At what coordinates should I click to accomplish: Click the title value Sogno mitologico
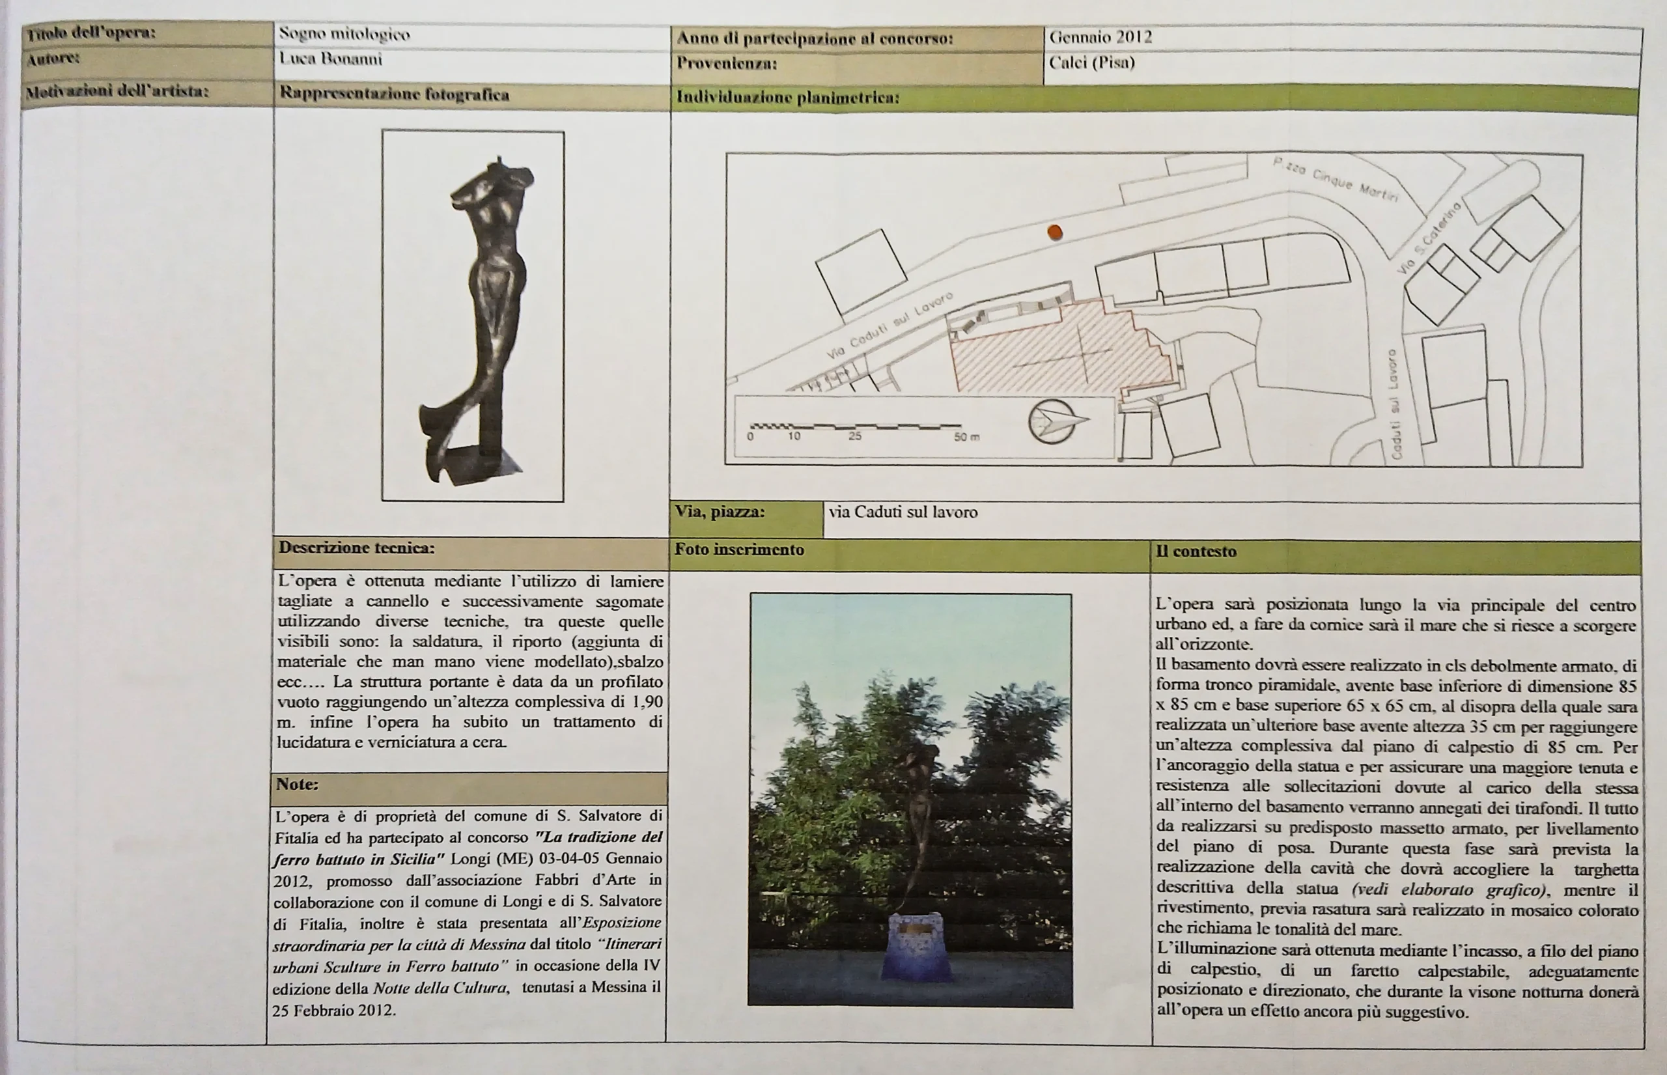pyautogui.click(x=344, y=33)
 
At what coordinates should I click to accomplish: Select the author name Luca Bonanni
pyautogui.click(x=330, y=59)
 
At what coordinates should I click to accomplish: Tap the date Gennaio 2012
pyautogui.click(x=1100, y=37)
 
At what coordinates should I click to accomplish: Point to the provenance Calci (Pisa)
pyautogui.click(x=1092, y=63)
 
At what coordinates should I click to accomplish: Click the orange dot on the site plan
pyautogui.click(x=1055, y=232)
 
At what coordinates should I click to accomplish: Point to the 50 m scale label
pyautogui.click(x=967, y=437)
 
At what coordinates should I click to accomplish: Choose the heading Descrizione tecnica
pyautogui.click(x=356, y=548)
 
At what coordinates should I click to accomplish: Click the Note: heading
pyautogui.click(x=298, y=784)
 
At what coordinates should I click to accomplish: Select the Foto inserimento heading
pyautogui.click(x=739, y=550)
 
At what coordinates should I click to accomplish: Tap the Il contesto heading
pyautogui.click(x=1196, y=551)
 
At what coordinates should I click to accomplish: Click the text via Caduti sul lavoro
pyautogui.click(x=903, y=512)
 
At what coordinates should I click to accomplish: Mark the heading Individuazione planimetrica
pyautogui.click(x=787, y=98)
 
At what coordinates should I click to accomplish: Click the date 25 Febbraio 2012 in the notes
pyautogui.click(x=333, y=1010)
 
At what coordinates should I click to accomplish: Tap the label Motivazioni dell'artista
pyautogui.click(x=117, y=91)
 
